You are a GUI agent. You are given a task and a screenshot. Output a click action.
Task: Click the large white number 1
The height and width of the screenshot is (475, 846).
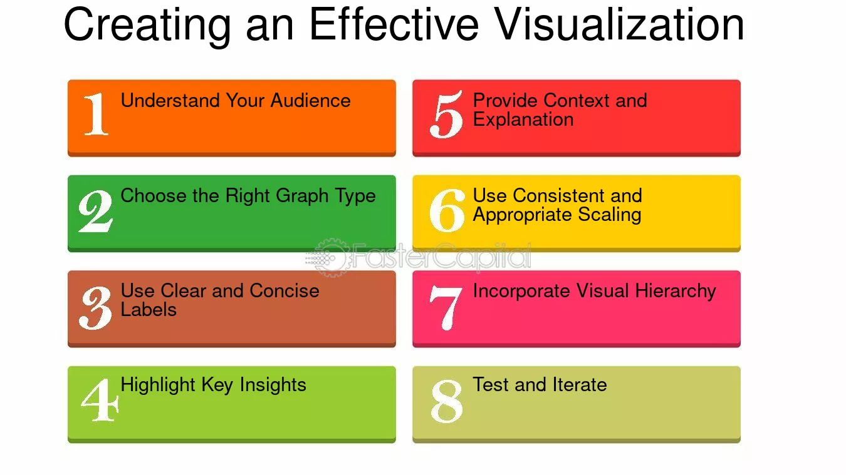[x=96, y=114]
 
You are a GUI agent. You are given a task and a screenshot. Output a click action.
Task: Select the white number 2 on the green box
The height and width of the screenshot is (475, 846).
[x=96, y=211]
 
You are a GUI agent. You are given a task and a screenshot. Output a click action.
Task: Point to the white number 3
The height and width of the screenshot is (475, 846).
[x=96, y=307]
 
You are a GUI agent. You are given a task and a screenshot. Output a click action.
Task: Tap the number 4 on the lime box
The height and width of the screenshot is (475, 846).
[x=100, y=401]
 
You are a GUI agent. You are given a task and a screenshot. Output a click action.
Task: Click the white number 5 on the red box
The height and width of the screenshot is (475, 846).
[x=446, y=115]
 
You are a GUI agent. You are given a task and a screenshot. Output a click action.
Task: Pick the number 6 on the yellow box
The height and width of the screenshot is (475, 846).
[x=447, y=211]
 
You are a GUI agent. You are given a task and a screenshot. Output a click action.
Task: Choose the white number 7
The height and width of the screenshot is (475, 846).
[x=446, y=307]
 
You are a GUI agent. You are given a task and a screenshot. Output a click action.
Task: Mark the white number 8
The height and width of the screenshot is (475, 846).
[x=447, y=401]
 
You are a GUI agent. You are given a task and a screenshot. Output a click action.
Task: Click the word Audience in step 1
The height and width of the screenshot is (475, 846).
[x=311, y=100]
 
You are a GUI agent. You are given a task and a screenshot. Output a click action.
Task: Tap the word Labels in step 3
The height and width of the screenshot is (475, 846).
[x=149, y=309]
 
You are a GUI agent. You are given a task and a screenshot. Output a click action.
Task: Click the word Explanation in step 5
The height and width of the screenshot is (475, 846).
[x=523, y=120]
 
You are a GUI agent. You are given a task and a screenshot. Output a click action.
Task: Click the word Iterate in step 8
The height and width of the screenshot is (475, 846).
[x=578, y=384]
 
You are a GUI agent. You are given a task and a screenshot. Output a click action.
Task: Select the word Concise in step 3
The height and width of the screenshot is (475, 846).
[x=285, y=290]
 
